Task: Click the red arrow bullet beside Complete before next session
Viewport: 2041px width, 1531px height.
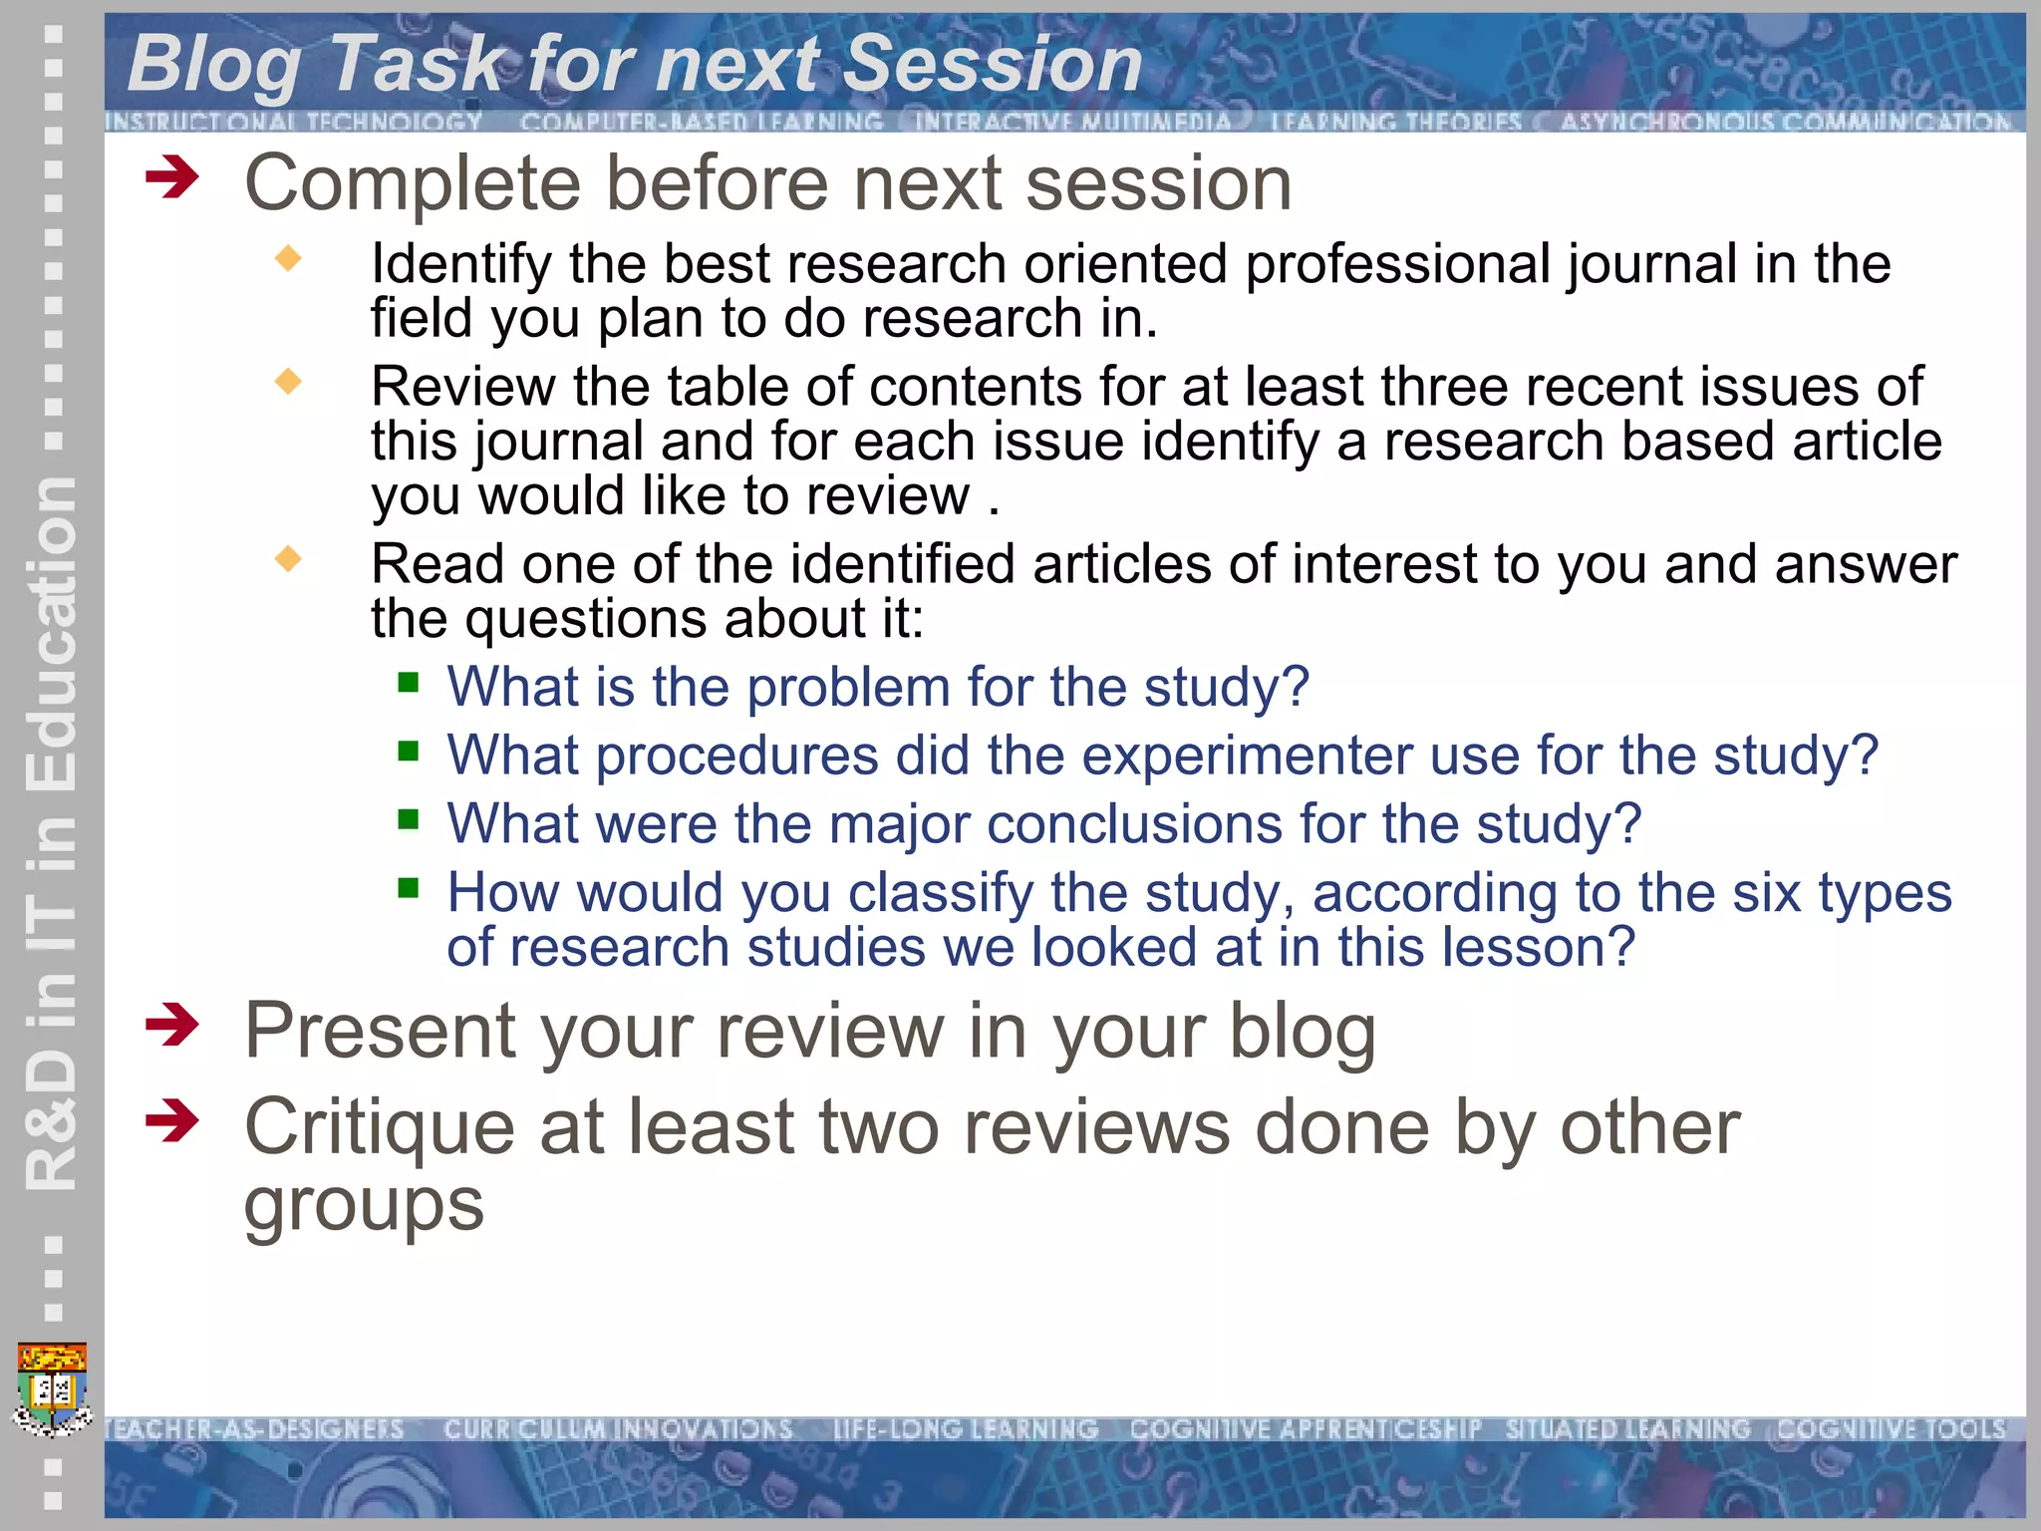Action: (x=171, y=179)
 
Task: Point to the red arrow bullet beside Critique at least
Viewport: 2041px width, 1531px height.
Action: (x=171, y=1121)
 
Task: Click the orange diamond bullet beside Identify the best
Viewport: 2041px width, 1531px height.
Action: (x=288, y=259)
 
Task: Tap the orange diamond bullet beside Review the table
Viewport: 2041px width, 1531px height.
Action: (x=288, y=381)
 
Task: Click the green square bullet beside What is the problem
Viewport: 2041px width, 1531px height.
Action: (x=408, y=683)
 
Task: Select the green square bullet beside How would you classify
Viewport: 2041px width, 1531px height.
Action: (x=408, y=887)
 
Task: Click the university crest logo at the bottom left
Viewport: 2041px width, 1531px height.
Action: (x=53, y=1388)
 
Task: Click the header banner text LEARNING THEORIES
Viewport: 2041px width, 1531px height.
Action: (x=1395, y=122)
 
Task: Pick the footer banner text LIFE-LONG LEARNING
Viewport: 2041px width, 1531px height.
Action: (x=965, y=1429)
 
